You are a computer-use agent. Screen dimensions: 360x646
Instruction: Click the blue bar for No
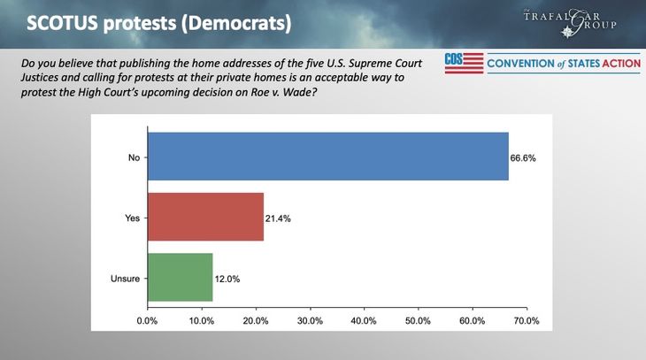coord(327,157)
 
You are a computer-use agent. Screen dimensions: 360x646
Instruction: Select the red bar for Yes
coord(205,217)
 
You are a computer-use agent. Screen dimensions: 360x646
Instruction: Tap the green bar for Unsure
coord(180,278)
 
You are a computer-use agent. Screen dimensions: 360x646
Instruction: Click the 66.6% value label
coord(524,157)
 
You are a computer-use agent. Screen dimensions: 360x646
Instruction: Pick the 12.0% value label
coord(227,279)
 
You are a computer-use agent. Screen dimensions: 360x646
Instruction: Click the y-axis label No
coord(134,157)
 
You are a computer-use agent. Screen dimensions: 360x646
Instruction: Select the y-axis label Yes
coord(132,218)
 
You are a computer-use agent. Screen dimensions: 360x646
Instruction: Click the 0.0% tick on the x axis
coord(147,320)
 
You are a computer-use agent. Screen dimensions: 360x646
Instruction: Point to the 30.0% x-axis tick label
coord(310,320)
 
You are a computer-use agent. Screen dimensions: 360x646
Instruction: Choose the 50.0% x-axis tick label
coord(418,320)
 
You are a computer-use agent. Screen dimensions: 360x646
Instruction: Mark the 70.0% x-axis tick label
coord(526,320)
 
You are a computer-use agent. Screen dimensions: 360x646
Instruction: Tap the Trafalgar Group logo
coord(581,20)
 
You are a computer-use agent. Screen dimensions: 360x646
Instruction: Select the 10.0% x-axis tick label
coord(202,320)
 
